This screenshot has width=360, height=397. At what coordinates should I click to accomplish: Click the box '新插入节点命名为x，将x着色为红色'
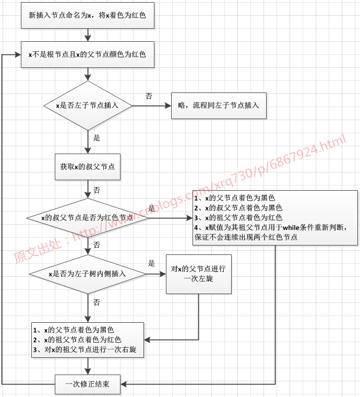88,16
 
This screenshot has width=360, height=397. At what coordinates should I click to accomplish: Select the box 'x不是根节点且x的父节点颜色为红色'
88,54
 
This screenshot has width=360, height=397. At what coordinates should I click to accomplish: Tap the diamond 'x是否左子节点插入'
88,105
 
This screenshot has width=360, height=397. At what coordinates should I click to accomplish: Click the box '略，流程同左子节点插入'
219,105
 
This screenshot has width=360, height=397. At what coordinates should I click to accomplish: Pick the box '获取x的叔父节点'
88,167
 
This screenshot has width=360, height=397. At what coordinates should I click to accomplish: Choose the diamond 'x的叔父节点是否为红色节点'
88,217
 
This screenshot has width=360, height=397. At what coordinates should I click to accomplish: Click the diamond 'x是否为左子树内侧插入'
88,274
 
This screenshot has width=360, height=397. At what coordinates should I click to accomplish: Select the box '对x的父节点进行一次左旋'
198,274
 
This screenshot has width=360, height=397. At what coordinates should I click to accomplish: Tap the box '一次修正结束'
88,385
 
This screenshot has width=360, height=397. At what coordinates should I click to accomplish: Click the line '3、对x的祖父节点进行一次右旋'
85,349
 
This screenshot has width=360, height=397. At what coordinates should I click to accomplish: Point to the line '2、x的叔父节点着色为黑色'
234,208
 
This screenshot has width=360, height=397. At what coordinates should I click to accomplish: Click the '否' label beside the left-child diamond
149,96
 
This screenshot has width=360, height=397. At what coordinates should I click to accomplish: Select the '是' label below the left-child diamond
97,138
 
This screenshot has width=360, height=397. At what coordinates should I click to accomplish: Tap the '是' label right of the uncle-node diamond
152,208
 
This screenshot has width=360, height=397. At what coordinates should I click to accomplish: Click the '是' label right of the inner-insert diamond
152,263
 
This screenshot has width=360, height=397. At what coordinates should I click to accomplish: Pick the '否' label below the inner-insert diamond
97,302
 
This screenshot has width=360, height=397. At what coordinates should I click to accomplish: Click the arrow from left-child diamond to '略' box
151,105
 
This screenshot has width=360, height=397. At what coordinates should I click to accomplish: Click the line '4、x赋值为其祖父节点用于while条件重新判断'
269,227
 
